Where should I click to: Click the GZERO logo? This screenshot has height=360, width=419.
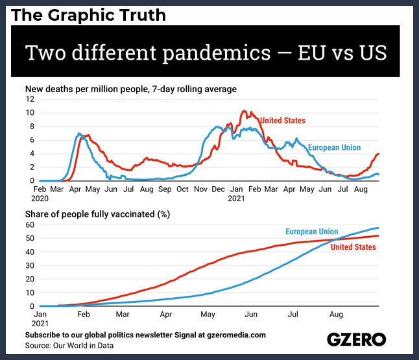point(357,339)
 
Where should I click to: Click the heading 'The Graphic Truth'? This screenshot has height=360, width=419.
point(88,15)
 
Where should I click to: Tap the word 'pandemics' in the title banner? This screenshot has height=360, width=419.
point(217,53)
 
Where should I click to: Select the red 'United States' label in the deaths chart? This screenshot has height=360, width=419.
point(283,121)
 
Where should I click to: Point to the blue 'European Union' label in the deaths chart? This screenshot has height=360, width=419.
point(334,147)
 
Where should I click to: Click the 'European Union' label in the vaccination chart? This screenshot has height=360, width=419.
point(312,232)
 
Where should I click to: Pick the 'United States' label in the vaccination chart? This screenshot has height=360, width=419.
point(353,247)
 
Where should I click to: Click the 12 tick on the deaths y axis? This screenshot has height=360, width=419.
point(30,99)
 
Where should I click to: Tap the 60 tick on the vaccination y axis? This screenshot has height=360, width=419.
point(30,225)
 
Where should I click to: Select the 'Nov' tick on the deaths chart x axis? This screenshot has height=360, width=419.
point(200,189)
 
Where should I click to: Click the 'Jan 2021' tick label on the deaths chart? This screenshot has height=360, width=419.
point(237,194)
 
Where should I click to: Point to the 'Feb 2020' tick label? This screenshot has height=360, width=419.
point(40,194)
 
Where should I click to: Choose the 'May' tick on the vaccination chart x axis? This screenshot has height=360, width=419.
point(208,315)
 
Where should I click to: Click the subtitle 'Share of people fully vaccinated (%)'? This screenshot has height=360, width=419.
point(97,214)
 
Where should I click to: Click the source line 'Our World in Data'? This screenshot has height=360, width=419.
point(84,346)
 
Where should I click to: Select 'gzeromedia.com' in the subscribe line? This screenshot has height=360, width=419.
point(237,335)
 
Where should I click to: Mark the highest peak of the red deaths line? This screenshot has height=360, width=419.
point(243,111)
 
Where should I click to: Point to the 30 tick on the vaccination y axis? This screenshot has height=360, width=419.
point(30,266)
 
